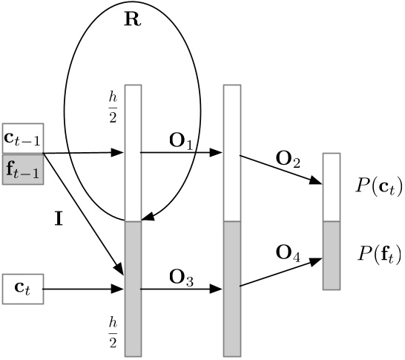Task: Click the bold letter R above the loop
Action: [132, 20]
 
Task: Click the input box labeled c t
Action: [24, 289]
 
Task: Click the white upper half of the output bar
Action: [332, 187]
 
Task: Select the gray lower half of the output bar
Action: [332, 255]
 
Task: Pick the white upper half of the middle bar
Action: [232, 153]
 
